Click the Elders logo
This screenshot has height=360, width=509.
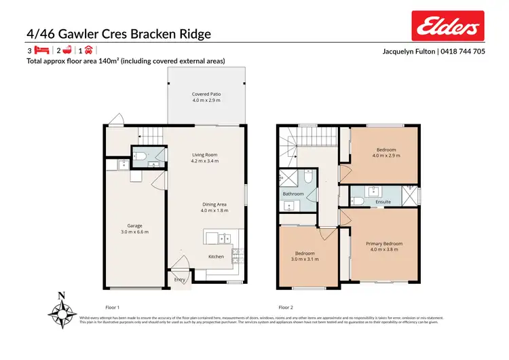pos(449,28)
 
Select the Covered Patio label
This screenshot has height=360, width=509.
pos(206,94)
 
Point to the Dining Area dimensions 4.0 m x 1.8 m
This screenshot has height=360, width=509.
pos(214,211)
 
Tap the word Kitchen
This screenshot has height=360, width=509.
pos(216,257)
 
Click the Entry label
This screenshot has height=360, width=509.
pos(180,279)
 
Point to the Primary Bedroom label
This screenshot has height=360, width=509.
pos(384,243)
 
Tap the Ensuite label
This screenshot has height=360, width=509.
pos(383,202)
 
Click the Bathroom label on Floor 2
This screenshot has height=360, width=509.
pos(293,194)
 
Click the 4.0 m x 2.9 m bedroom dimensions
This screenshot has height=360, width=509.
pos(386,156)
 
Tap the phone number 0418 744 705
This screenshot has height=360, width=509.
pos(464,51)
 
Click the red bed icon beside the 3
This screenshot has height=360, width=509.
pos(41,50)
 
